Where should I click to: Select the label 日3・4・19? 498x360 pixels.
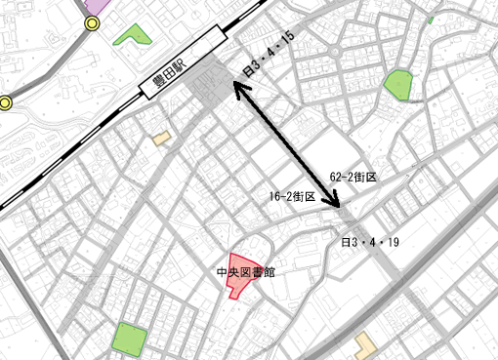point(369,240)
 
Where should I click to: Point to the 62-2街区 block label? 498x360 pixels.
point(353,177)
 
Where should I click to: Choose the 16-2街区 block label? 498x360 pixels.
point(292,196)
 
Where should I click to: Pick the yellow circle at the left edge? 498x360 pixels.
point(5,102)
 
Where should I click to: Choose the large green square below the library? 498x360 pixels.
point(129,339)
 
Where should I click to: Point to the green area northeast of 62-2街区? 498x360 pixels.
point(397,85)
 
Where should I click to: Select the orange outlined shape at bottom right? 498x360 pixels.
point(365,342)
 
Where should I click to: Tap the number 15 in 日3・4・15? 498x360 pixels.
point(287,39)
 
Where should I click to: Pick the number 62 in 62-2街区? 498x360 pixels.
point(336,177)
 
